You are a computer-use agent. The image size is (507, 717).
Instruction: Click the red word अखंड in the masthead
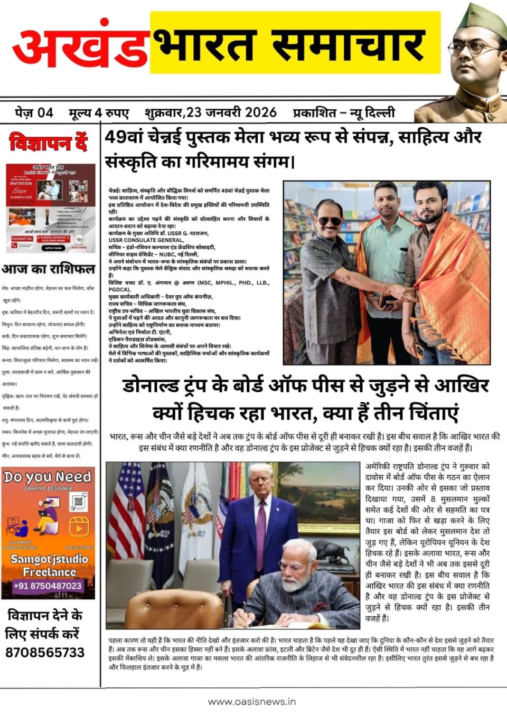click(79, 48)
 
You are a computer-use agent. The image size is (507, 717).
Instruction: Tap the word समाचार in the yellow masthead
click(349, 45)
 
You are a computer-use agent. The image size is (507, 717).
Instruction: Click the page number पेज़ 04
click(34, 112)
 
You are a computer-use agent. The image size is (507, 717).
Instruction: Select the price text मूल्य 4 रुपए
click(99, 112)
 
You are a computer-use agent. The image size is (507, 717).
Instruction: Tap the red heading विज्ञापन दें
click(48, 143)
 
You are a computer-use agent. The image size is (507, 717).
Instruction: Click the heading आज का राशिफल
click(48, 269)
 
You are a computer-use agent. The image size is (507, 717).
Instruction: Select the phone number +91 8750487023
click(48, 586)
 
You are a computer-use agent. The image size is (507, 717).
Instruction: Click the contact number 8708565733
click(45, 653)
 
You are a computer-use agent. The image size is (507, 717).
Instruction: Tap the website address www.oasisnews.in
click(252, 702)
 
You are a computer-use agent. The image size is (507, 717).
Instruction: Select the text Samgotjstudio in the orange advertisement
click(49, 559)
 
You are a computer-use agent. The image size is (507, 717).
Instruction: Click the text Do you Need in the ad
click(48, 477)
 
